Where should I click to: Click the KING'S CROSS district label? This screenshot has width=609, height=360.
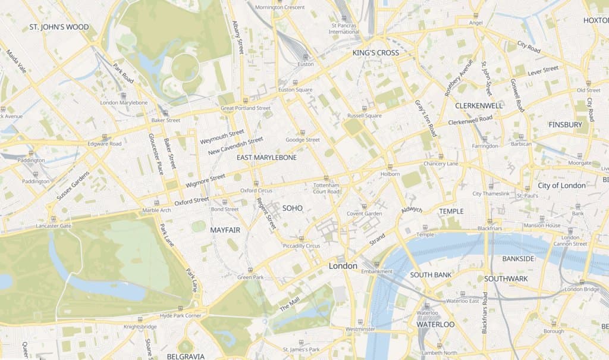(x=375, y=53)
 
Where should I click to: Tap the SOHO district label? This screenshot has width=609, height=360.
(x=293, y=208)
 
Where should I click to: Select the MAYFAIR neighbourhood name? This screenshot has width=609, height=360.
(x=225, y=229)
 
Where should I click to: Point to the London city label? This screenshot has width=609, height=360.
(x=343, y=266)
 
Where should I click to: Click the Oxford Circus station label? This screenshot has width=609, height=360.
(x=256, y=190)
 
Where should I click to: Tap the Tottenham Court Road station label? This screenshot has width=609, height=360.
(x=326, y=188)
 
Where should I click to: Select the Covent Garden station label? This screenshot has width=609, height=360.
(x=364, y=214)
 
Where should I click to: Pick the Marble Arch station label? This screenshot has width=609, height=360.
(x=157, y=210)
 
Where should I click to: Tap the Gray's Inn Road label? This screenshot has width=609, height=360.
(x=425, y=118)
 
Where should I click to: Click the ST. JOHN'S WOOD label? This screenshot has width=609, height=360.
(x=59, y=27)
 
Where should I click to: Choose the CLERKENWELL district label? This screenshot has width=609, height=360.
(x=479, y=105)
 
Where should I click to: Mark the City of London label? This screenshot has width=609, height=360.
(x=561, y=185)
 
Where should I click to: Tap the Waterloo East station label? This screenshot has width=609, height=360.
(x=463, y=301)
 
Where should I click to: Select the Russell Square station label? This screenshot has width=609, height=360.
(x=365, y=116)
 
